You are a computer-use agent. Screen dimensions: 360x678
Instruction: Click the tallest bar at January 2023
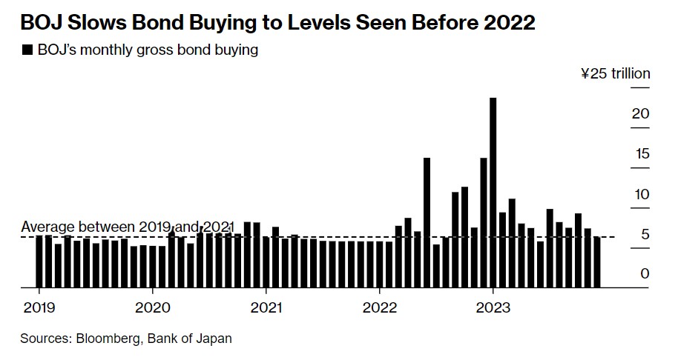tap(493, 193)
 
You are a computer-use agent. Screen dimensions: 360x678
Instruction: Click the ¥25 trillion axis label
tap(615, 73)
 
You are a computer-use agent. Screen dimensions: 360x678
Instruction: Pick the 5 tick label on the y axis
tap(645, 235)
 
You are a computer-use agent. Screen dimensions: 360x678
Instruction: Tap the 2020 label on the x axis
tap(153, 307)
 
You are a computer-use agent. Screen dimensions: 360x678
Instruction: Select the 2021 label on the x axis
tap(266, 307)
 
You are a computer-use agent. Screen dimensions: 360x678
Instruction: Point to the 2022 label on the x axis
tap(380, 307)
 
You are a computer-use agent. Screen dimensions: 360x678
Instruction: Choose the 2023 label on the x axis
tap(493, 307)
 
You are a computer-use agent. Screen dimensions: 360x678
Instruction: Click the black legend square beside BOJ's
tap(27, 50)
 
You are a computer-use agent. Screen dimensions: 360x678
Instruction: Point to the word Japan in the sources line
tap(215, 339)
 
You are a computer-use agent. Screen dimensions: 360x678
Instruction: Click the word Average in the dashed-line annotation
tap(48, 226)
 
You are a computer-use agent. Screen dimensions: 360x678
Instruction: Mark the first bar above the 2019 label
tap(39, 261)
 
